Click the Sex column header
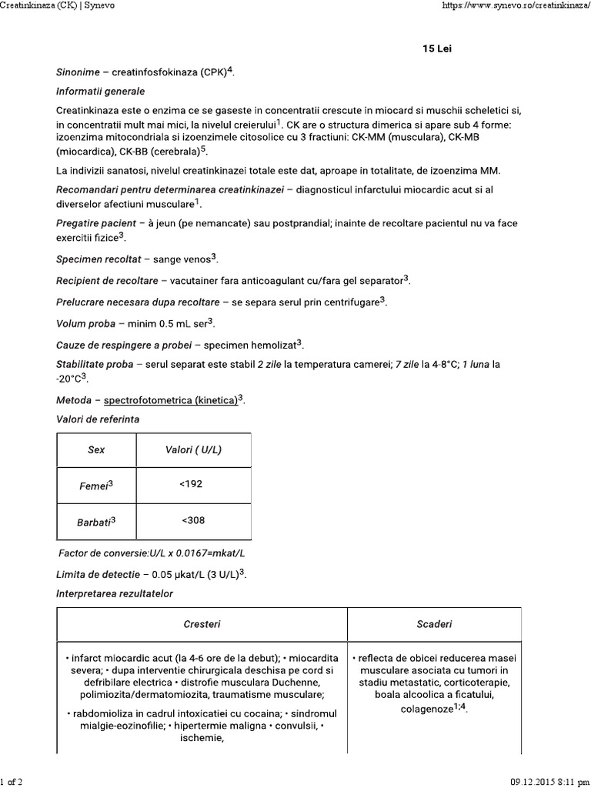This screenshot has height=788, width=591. point(96,450)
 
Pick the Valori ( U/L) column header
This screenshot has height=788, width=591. point(193,450)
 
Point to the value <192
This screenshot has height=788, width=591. point(193,485)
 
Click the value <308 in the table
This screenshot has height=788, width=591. point(193,521)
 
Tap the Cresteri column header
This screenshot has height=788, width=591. point(202,624)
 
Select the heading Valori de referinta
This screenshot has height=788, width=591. point(98,419)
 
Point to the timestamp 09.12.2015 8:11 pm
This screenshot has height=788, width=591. point(549,782)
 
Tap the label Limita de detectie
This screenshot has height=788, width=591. point(97,575)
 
